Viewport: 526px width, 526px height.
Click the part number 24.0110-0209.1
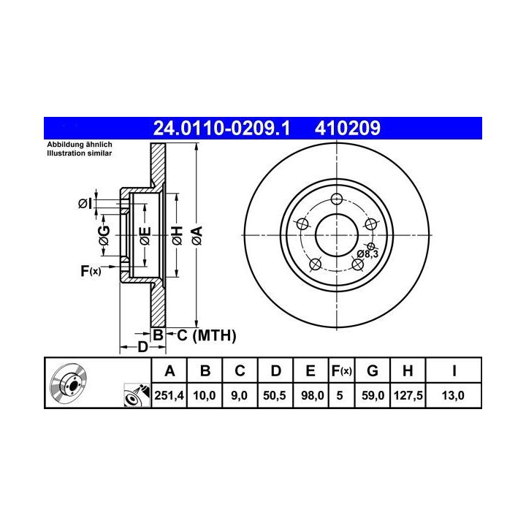pos(221,128)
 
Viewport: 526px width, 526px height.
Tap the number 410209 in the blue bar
pos(348,128)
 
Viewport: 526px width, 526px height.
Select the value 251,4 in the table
pos(169,395)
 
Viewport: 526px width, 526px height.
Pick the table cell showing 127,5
pos(408,395)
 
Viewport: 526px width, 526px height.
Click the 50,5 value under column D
pos(275,395)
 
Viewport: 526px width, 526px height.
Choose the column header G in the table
pos(373,371)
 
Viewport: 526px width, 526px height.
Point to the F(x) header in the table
pos(341,371)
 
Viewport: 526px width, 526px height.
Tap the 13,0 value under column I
pos(453,395)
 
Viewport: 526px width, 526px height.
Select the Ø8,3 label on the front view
pos(367,254)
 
